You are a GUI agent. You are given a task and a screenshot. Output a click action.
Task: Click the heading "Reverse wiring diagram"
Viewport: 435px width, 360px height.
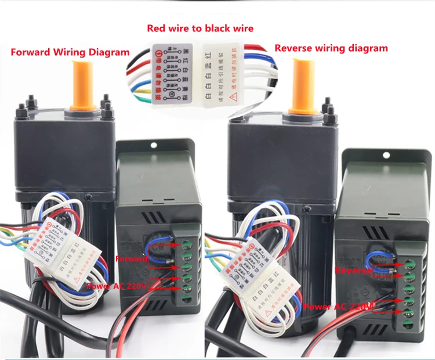(331, 48)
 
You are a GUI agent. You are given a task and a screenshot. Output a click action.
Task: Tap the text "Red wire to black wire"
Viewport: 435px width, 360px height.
(200, 28)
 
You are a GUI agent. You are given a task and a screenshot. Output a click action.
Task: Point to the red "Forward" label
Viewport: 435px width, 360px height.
(131, 258)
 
